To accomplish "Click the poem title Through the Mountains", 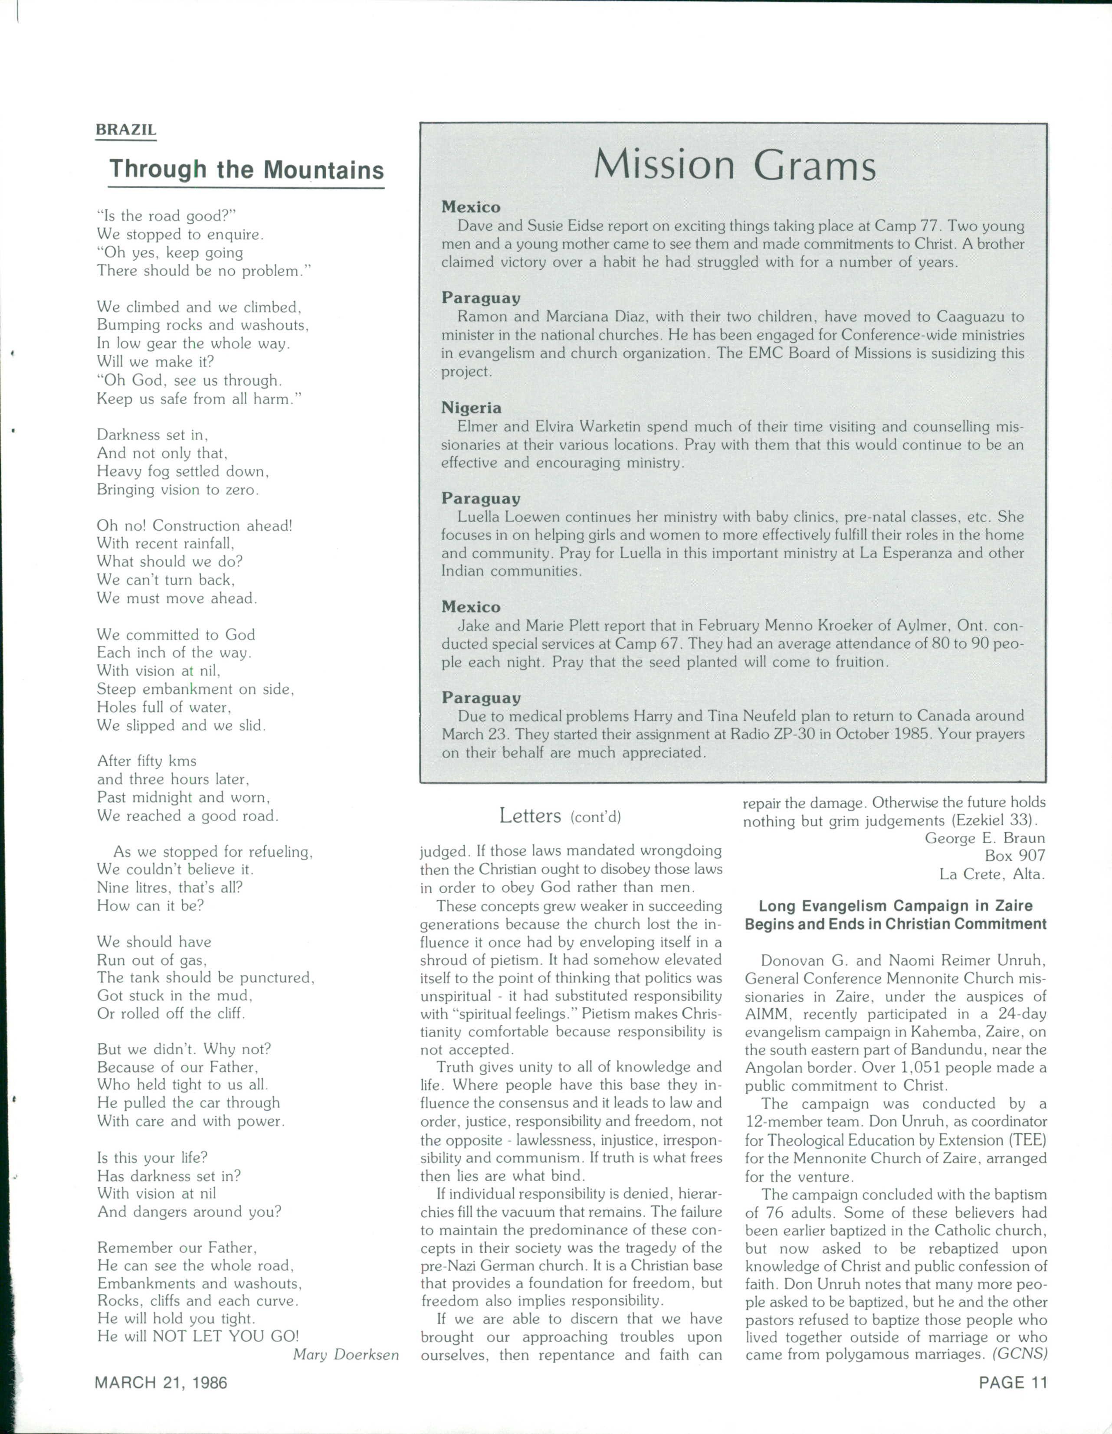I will click(246, 170).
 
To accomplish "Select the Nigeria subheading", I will click(471, 408).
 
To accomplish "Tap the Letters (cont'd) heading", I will click(560, 816).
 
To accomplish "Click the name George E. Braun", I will click(984, 839).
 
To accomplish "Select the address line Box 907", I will click(1015, 856).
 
